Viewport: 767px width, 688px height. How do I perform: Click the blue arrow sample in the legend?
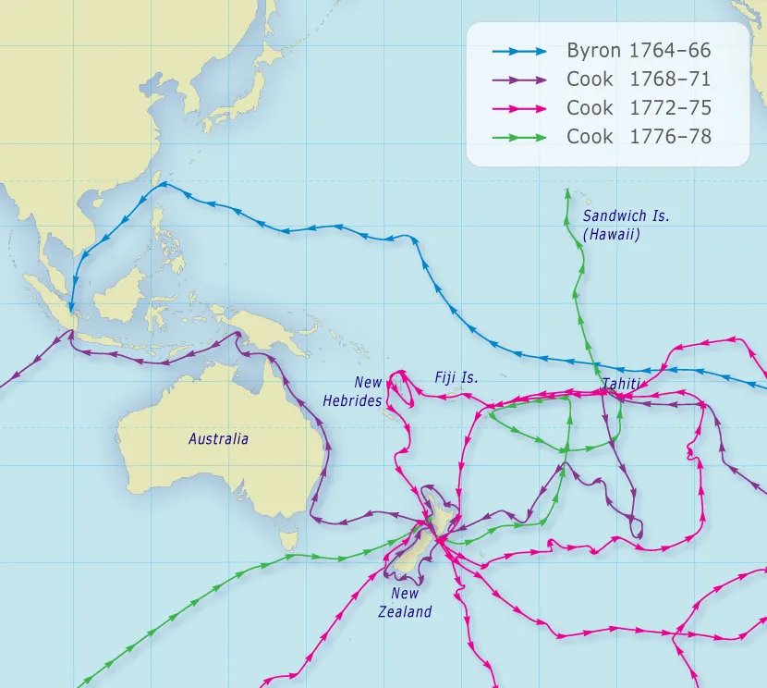(x=519, y=52)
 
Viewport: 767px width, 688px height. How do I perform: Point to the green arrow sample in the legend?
(x=519, y=137)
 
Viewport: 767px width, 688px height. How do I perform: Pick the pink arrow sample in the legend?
(x=519, y=108)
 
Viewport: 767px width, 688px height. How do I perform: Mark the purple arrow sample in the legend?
(x=519, y=80)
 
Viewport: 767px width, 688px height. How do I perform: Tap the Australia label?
(x=218, y=439)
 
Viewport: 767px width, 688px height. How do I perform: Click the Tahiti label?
(x=620, y=383)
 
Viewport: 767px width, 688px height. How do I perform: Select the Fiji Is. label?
(x=457, y=377)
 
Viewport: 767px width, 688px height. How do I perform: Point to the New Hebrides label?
(x=353, y=392)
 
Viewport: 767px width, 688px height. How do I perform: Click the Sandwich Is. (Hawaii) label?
(x=626, y=226)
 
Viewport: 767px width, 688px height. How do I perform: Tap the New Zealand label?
(x=405, y=603)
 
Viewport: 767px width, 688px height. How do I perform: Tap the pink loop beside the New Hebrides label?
(x=398, y=390)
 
